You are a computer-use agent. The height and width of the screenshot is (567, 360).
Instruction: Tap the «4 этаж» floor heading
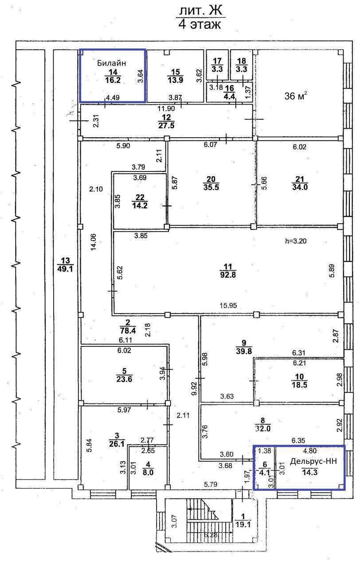point(200,24)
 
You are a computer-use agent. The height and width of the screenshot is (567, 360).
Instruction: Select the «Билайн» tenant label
point(111,63)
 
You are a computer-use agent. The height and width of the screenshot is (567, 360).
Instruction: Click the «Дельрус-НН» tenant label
point(313,461)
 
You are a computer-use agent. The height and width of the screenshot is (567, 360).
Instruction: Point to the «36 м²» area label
point(296,96)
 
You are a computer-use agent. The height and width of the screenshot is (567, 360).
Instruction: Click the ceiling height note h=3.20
point(296,241)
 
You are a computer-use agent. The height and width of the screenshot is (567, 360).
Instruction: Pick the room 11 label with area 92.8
point(228,271)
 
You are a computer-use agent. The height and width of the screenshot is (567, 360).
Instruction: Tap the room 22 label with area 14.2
point(140,201)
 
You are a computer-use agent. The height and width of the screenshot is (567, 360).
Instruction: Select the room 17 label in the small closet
point(217,65)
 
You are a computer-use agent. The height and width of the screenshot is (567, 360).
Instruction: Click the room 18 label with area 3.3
point(242,65)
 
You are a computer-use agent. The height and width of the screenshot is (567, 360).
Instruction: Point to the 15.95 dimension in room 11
point(228,306)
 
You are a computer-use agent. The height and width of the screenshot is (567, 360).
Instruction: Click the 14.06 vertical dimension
point(94,242)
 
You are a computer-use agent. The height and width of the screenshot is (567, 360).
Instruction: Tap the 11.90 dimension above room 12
point(166,109)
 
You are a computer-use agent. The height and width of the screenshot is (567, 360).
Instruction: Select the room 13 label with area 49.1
point(65,264)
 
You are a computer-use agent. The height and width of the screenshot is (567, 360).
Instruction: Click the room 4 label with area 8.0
point(148,468)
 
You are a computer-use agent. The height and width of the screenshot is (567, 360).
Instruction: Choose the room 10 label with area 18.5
point(299,381)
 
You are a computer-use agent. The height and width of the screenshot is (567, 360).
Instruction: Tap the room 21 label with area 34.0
point(300,183)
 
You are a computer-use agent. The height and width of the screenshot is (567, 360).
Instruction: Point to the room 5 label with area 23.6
point(124,375)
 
